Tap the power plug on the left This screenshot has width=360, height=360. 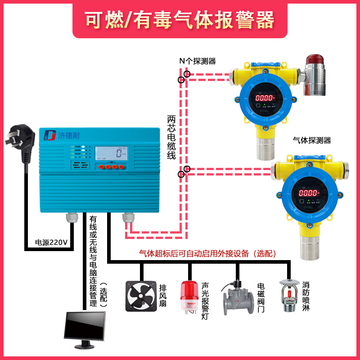point(20,139)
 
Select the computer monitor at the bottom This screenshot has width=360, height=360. point(85,328)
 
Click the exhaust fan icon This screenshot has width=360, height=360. point(140,296)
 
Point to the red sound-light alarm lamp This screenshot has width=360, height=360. point(189,297)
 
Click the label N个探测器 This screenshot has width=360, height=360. point(198,61)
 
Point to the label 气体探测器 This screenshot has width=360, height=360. point(311,140)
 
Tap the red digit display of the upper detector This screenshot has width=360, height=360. point(265,98)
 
